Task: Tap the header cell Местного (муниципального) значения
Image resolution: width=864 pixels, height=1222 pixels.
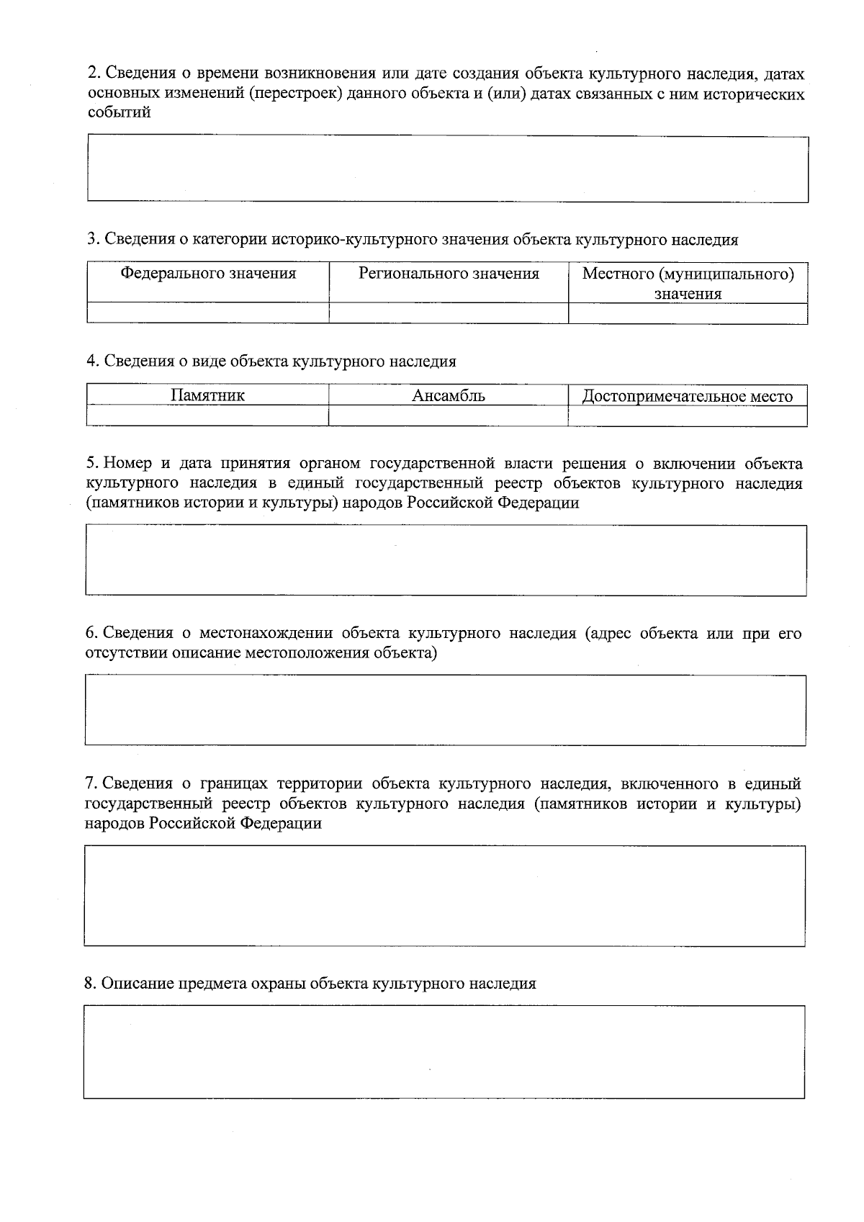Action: [688, 283]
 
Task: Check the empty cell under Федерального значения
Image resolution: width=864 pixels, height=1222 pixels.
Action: [208, 313]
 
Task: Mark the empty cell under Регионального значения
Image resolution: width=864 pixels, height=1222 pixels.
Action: [449, 313]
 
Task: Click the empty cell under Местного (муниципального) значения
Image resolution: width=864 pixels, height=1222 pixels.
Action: [688, 314]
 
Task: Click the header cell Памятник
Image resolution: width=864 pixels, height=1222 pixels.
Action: [208, 395]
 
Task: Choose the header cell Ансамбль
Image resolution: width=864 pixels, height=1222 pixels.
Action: [449, 395]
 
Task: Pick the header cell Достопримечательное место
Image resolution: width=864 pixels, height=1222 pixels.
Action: [688, 396]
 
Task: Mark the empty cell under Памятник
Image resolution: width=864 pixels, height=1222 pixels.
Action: [208, 415]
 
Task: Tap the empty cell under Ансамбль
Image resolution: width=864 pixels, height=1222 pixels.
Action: [449, 415]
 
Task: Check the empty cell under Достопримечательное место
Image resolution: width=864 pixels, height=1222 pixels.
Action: [688, 416]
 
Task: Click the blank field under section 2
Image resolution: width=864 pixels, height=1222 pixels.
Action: [447, 169]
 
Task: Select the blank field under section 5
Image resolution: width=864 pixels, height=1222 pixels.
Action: [446, 560]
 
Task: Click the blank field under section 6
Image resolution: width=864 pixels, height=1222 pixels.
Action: [445, 709]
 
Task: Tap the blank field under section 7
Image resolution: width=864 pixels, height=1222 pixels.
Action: [444, 895]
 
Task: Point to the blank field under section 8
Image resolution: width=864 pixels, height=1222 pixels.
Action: [444, 1051]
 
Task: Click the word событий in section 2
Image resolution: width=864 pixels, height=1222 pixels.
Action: [119, 112]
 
